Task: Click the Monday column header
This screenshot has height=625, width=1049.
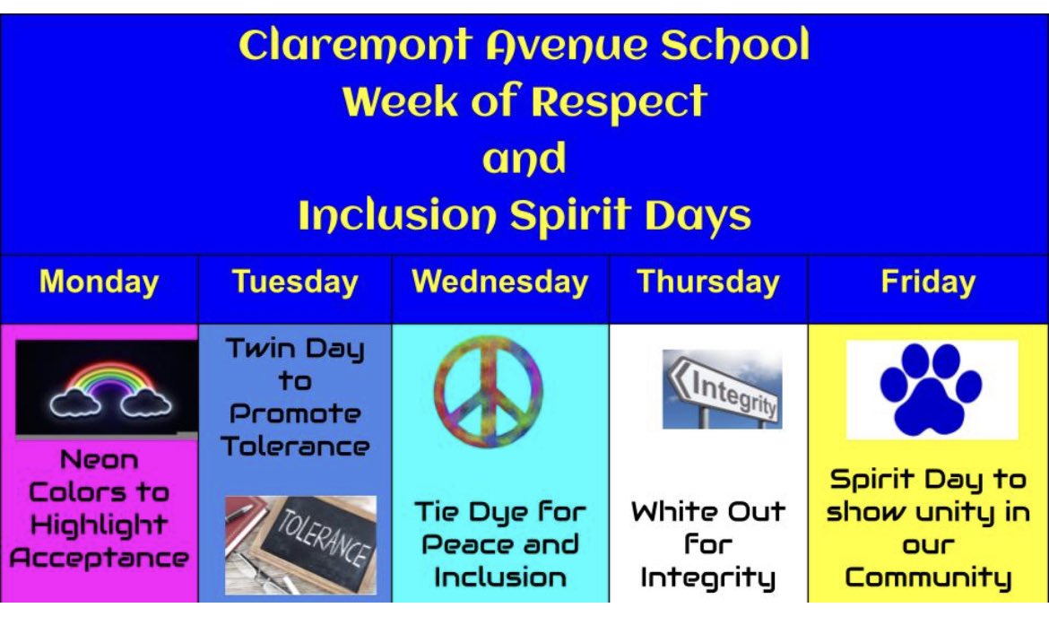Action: [x=100, y=282]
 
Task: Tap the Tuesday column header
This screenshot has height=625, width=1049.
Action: [x=295, y=282]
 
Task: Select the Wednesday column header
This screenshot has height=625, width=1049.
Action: [x=499, y=282]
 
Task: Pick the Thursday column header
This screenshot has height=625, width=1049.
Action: [x=708, y=282]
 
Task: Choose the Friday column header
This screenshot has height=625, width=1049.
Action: [x=928, y=282]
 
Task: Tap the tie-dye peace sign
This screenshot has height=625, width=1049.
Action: [x=489, y=390]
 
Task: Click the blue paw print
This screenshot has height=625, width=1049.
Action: [x=932, y=388]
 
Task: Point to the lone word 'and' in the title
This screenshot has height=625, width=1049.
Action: [x=524, y=160]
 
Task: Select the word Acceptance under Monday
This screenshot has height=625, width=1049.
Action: [x=100, y=558]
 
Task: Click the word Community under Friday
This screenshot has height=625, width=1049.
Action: [x=928, y=577]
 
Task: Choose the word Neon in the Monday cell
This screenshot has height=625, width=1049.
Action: [x=100, y=461]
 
